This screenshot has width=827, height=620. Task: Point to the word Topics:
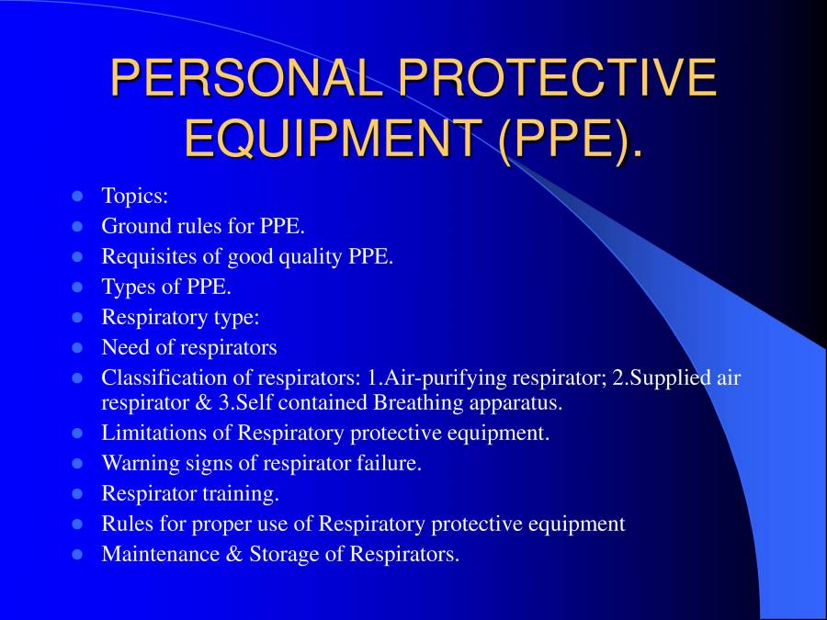coord(134,196)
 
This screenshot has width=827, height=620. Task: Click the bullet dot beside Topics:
coord(77,196)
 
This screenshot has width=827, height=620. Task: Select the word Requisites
coord(147,256)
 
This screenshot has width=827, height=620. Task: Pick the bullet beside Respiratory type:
coord(77,318)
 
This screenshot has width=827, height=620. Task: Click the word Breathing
coord(419,402)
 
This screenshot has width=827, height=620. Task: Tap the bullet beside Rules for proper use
coord(77,524)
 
